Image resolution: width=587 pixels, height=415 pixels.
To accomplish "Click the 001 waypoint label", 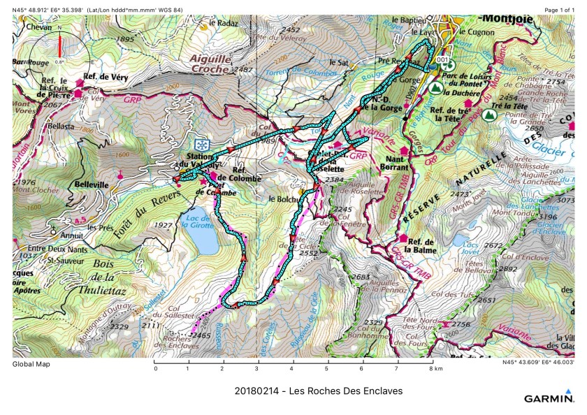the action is click(442, 61).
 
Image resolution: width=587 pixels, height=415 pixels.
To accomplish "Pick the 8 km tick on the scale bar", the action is click(431, 368).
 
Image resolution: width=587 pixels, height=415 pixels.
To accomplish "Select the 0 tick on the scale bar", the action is click(155, 368).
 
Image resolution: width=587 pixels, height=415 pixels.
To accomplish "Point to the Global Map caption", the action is click(31, 364).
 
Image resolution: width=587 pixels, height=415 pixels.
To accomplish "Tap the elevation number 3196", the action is click(549, 217).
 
